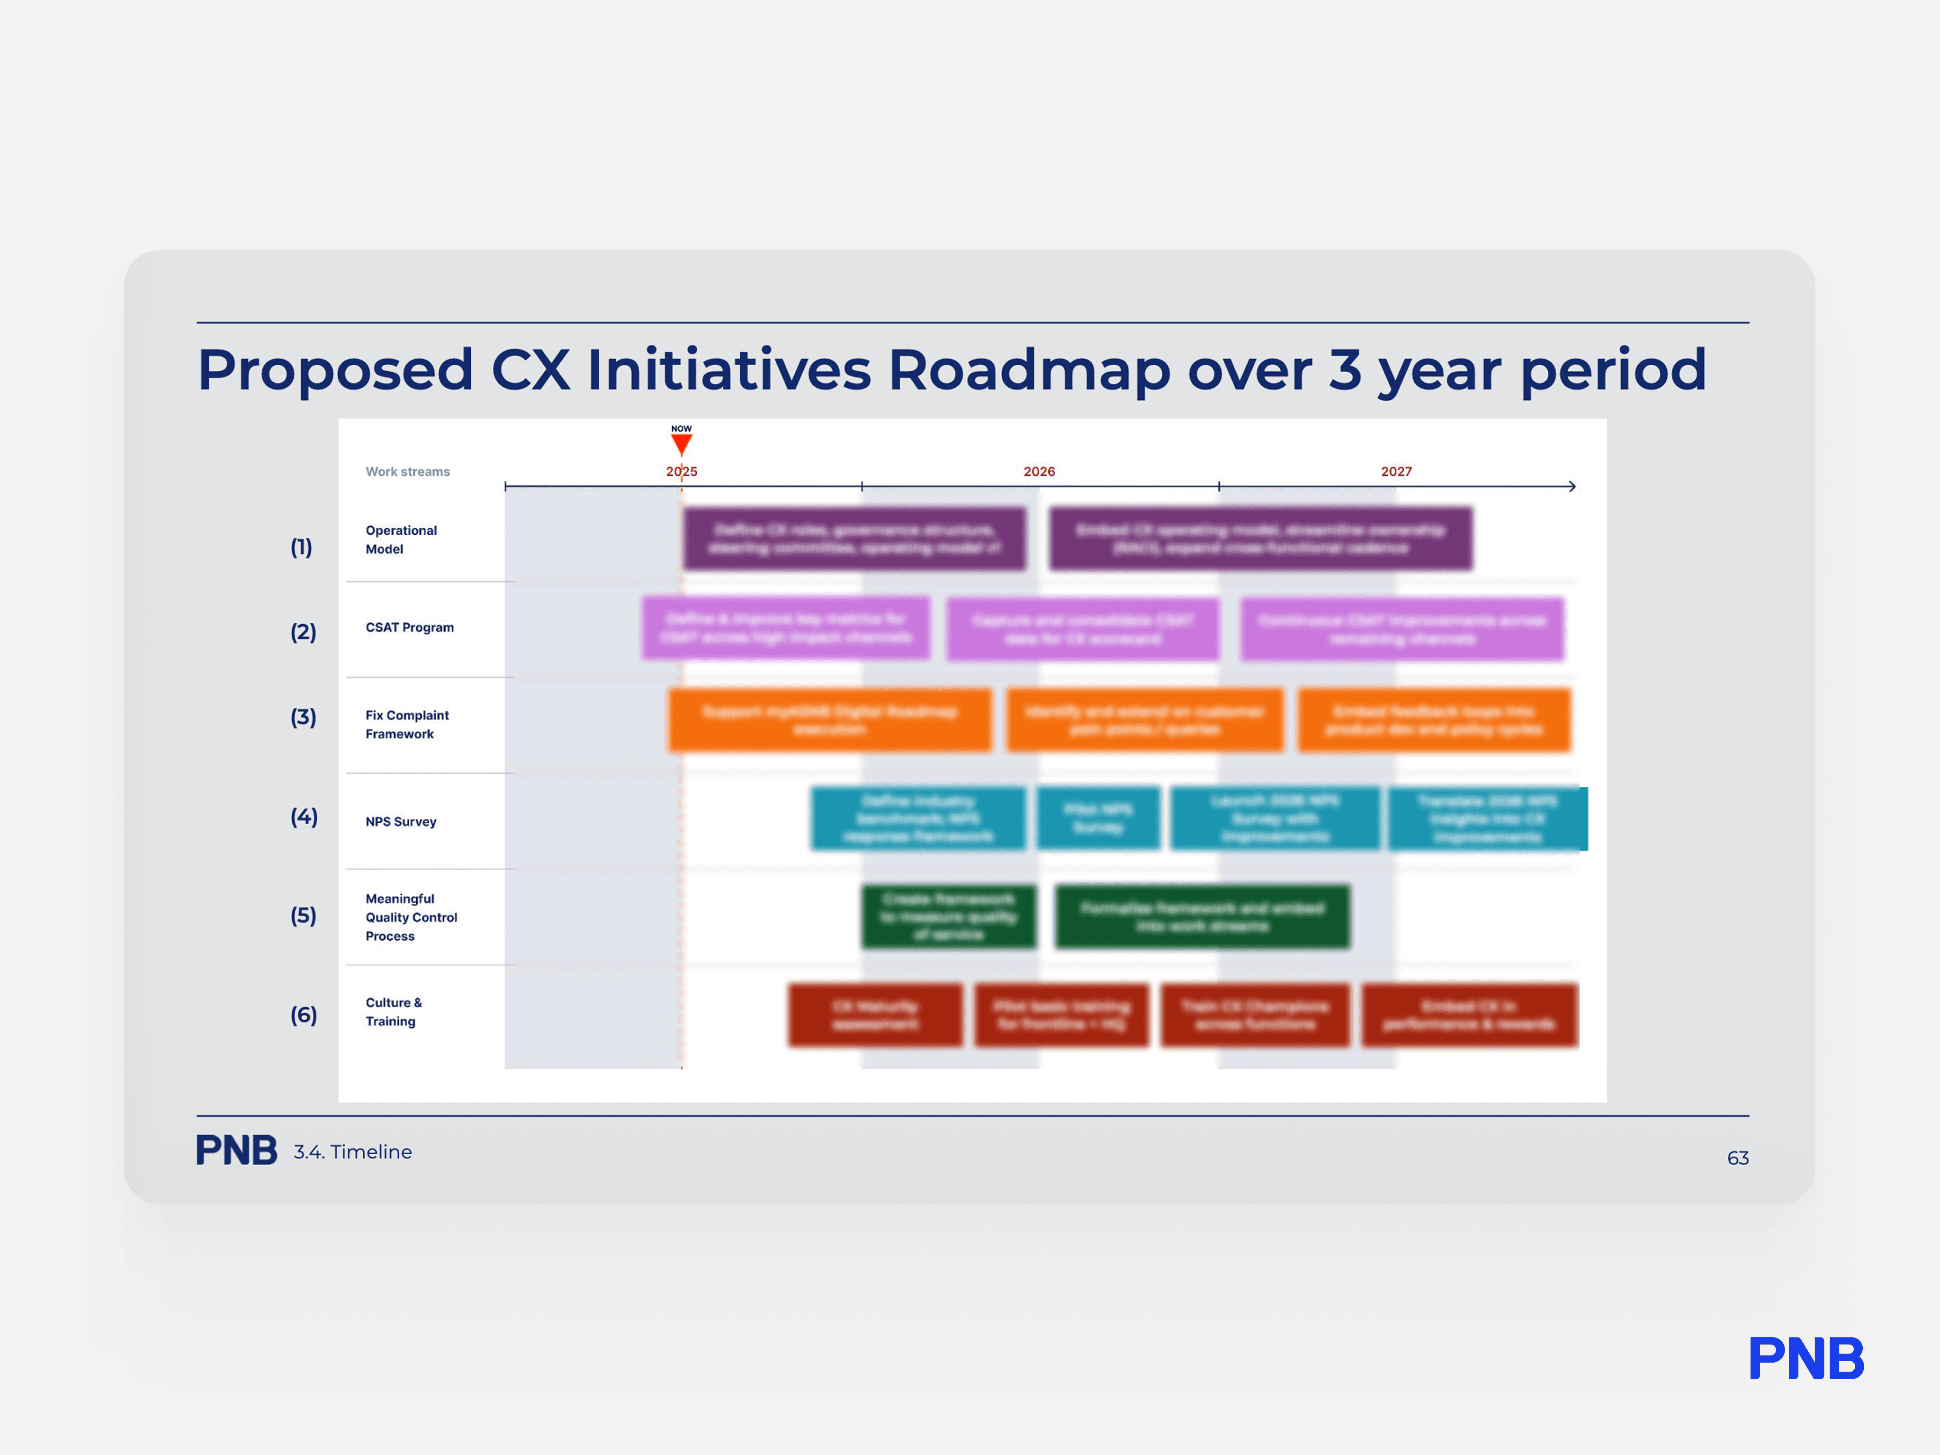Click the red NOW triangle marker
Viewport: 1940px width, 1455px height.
[x=682, y=444]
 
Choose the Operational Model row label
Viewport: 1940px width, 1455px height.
[x=401, y=539]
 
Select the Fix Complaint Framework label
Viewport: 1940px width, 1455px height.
[x=407, y=725]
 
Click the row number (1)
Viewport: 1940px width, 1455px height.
[x=301, y=547]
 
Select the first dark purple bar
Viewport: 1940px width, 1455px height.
[x=854, y=539]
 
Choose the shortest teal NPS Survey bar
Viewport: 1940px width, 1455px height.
[x=1098, y=818]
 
